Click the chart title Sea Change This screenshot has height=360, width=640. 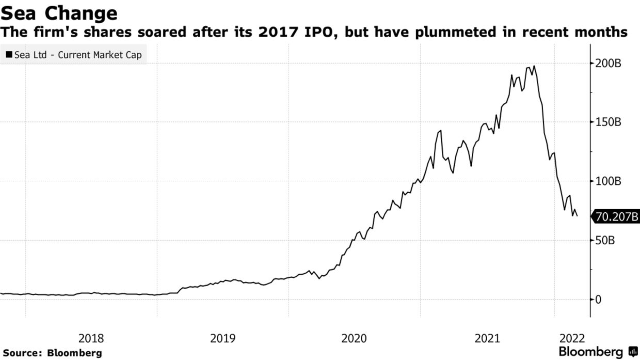pyautogui.click(x=59, y=13)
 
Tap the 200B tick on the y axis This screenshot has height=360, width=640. pyautogui.click(x=607, y=64)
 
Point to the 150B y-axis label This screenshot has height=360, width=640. pyautogui.click(x=607, y=122)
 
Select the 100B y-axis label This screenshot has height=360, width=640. pyautogui.click(x=607, y=181)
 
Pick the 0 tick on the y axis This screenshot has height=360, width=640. pyautogui.click(x=598, y=300)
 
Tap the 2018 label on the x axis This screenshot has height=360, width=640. pyautogui.click(x=91, y=339)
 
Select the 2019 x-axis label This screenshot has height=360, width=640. pyautogui.click(x=223, y=339)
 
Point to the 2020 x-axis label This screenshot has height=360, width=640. pyautogui.click(x=355, y=339)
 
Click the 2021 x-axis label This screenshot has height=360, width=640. pyautogui.click(x=487, y=339)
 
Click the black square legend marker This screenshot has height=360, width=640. pyautogui.click(x=9, y=54)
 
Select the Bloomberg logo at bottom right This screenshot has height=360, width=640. pyautogui.click(x=598, y=352)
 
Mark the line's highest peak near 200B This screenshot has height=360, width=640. pyautogui.click(x=534, y=66)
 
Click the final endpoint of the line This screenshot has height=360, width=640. pyautogui.click(x=577, y=215)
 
